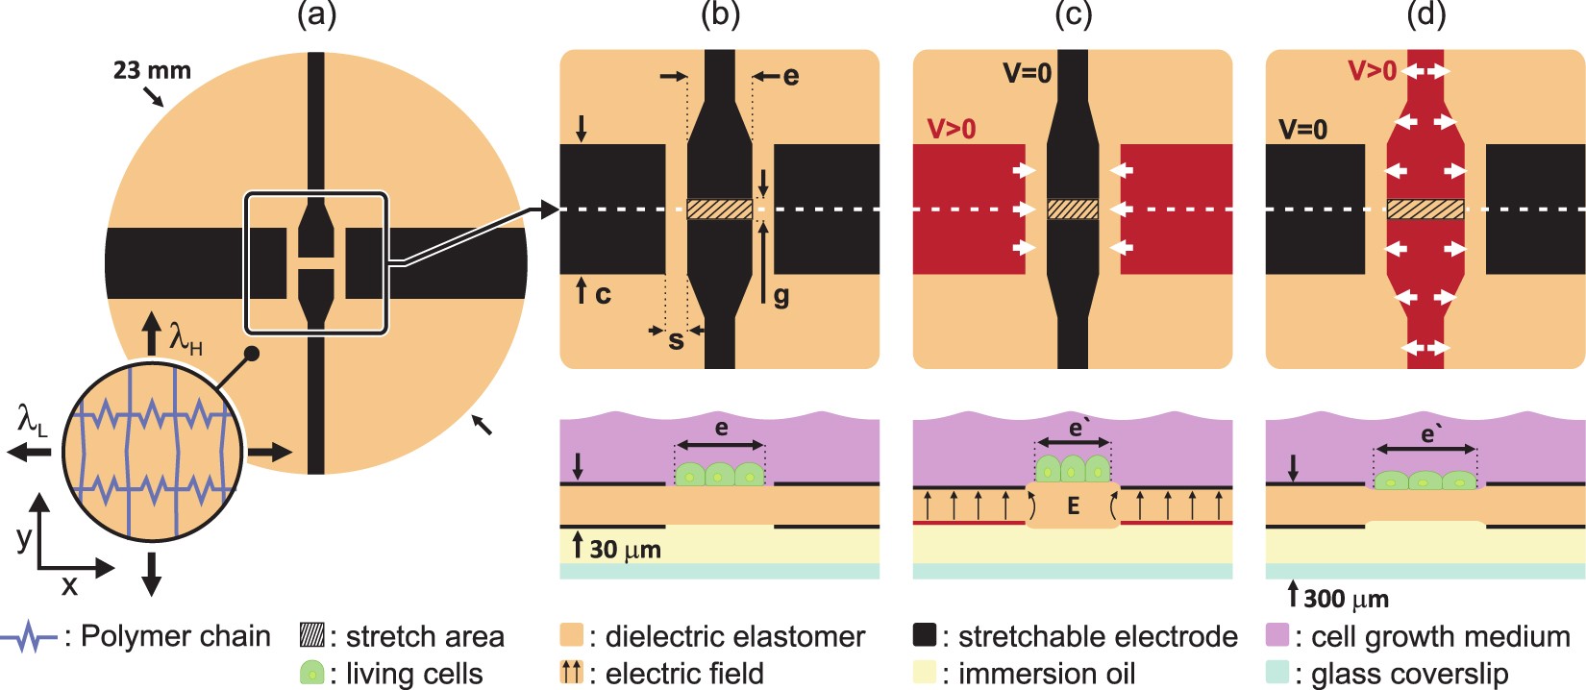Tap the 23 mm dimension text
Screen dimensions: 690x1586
(x=152, y=70)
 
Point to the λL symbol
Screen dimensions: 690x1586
(x=32, y=420)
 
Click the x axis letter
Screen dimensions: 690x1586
(x=69, y=585)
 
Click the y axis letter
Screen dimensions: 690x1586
(x=24, y=537)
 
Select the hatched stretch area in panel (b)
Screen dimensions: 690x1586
(x=720, y=209)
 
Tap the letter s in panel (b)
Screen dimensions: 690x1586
(x=676, y=340)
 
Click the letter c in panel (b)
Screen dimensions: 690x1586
(x=603, y=294)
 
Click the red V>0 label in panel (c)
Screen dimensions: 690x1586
(x=951, y=129)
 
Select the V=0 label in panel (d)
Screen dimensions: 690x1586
(x=1302, y=129)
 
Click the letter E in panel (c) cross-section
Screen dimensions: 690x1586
(x=1073, y=506)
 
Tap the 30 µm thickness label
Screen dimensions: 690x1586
(x=625, y=550)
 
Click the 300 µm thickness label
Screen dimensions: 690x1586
(x=1346, y=599)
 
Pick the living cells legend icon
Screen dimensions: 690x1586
(x=311, y=673)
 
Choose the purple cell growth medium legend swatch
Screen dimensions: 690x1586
(x=1277, y=635)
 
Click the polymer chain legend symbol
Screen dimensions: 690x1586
(x=31, y=636)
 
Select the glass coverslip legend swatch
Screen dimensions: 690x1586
(x=1277, y=673)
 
